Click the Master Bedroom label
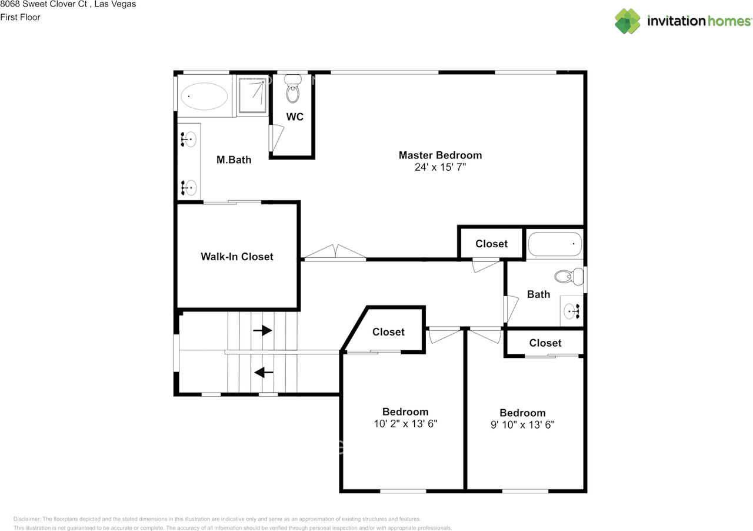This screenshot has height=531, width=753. coord(440,155)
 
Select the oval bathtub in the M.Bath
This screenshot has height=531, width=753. coord(204,95)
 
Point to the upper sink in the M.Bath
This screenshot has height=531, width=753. coord(189,140)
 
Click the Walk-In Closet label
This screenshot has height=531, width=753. coord(237,257)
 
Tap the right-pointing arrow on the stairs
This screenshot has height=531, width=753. coord(262,331)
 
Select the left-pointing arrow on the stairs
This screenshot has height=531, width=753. coord(263,372)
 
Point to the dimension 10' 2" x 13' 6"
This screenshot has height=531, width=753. coord(405,423)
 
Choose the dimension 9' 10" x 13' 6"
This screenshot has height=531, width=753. coord(522,424)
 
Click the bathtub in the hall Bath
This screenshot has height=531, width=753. coord(555,244)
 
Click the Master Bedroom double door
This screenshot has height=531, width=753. coord(335,253)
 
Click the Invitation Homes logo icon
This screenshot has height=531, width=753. coord(628,21)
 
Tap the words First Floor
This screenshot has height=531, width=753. coord(21,17)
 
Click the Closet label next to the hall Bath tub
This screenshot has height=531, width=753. coord(491,244)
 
